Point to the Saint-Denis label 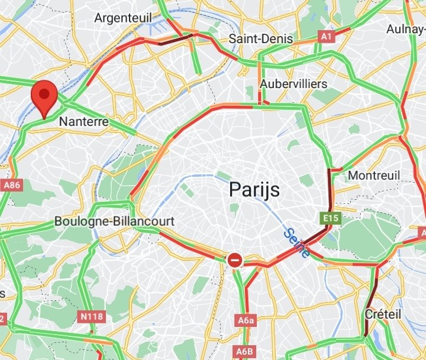(261, 39)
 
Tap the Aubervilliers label (293, 84)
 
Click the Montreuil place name (374, 176)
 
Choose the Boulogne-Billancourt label (114, 221)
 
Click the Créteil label (383, 314)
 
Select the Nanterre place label (83, 122)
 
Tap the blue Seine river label (295, 243)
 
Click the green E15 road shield (331, 219)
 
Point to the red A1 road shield (326, 37)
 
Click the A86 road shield (12, 185)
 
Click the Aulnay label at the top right (405, 29)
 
